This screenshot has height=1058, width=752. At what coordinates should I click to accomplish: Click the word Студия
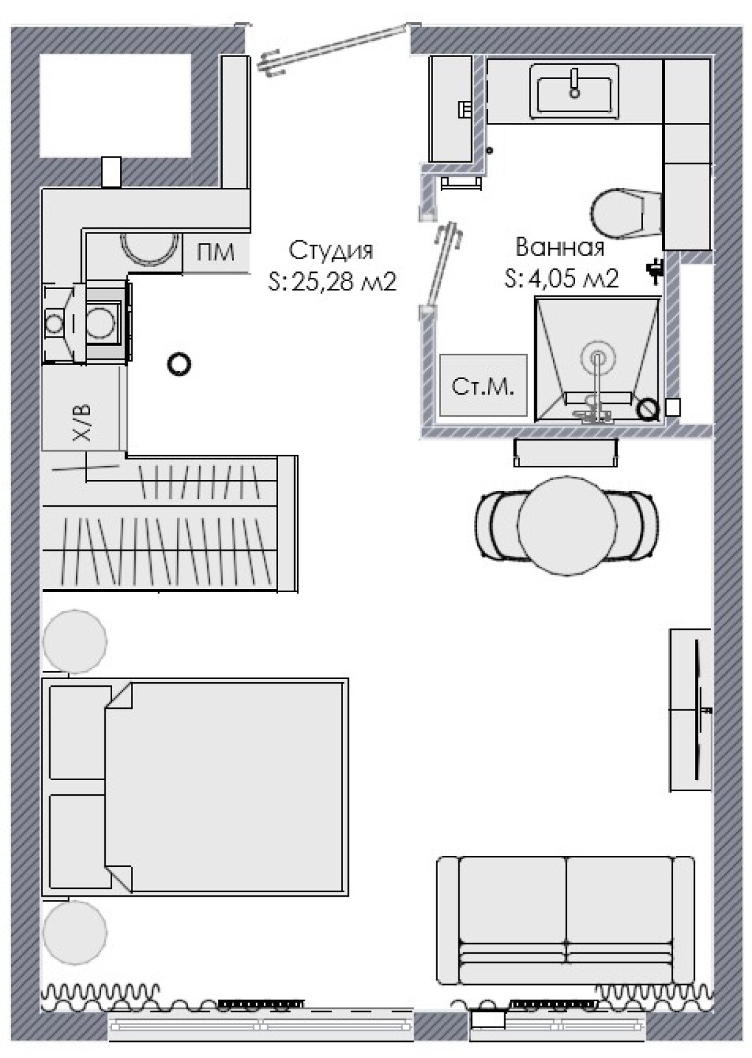point(331,251)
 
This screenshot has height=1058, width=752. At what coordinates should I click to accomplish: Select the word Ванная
point(559,247)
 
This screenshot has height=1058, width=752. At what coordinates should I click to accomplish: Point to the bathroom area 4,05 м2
point(573,279)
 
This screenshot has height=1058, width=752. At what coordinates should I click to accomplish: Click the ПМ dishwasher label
point(215,252)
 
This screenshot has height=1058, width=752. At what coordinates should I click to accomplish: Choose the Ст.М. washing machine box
point(483,385)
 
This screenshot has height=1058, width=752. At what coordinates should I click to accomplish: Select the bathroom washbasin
point(574,91)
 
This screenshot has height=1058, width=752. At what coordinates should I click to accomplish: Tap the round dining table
point(567,525)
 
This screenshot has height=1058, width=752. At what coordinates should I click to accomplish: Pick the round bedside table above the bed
point(75,641)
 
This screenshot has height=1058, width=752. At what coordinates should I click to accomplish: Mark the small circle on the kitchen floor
point(179,364)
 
